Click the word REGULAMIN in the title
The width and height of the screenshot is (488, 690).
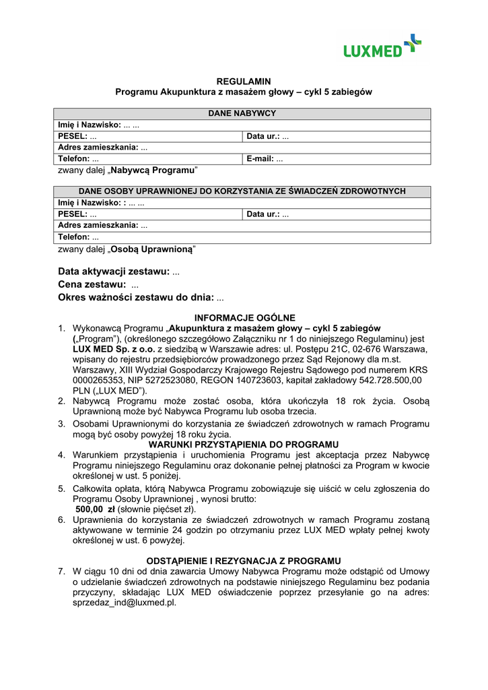click(x=243, y=82)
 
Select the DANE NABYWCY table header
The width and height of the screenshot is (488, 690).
click(x=242, y=113)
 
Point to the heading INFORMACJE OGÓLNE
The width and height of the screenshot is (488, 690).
click(x=244, y=317)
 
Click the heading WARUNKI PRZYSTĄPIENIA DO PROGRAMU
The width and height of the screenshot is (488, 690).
click(x=244, y=445)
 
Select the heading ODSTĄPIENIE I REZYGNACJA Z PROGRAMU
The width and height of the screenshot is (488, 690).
click(x=244, y=561)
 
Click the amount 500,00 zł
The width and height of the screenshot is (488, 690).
click(x=94, y=509)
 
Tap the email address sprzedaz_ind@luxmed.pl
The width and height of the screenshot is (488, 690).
click(x=124, y=602)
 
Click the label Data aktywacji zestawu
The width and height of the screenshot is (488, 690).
click(x=114, y=272)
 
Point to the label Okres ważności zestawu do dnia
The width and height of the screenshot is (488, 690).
click(x=136, y=297)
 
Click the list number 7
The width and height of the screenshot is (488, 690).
click(x=61, y=571)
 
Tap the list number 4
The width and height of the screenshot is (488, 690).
click(x=61, y=455)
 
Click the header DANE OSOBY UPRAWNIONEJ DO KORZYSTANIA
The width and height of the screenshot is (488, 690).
click(x=242, y=191)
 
